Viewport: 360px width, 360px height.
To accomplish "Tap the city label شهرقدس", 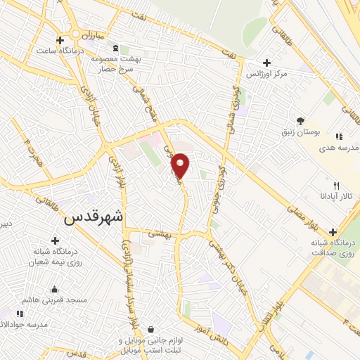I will point(94,217).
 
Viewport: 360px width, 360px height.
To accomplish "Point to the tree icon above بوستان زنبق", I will point(300,121).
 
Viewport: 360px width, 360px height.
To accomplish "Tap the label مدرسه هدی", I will point(339,148).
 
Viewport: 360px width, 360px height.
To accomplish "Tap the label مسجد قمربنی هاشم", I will point(54,300).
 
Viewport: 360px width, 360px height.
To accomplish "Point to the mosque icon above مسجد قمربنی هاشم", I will point(54,289).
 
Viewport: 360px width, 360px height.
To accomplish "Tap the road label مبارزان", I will point(90,34).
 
